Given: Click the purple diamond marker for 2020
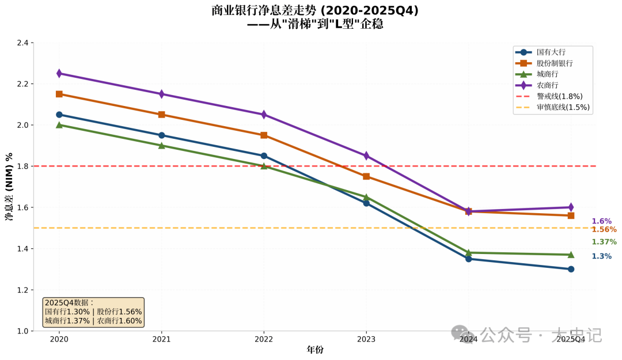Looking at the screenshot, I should click(59, 73).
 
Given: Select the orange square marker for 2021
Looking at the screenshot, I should click(162, 115).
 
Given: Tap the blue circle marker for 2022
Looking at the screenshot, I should click(264, 156).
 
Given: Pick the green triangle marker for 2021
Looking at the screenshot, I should click(162, 145).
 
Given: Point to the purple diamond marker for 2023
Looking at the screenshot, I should click(366, 156).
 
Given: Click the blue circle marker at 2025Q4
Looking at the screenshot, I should click(571, 269).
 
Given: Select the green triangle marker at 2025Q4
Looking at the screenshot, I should click(571, 254).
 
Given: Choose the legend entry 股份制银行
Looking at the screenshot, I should click(554, 63).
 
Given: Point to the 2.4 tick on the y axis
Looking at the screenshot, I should click(24, 43).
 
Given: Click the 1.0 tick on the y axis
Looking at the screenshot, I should click(24, 331).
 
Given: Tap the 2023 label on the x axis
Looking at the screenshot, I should click(366, 340).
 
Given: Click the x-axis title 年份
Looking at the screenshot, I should click(315, 350).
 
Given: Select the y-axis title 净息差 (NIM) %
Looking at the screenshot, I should click(9, 187).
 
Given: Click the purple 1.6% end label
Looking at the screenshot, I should click(601, 221).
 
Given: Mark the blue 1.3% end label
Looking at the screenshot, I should click(601, 256).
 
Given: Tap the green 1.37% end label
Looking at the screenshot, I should click(604, 242).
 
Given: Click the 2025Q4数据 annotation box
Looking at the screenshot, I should click(93, 312).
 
